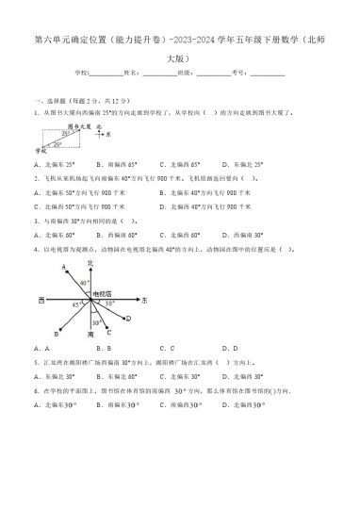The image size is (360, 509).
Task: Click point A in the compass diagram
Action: pos(62,267)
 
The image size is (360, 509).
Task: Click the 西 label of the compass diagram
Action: pos(41,299)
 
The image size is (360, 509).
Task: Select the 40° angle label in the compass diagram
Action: pos(83,282)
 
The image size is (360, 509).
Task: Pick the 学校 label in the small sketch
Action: pos(39,148)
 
